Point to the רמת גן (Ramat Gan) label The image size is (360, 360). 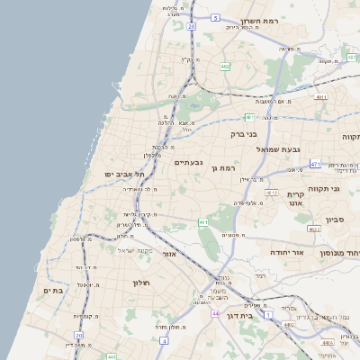pos(222,167)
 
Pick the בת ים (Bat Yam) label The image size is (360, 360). pos(53,291)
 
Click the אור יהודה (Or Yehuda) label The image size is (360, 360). pos(287,253)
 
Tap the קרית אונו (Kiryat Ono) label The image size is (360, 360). pos(296,199)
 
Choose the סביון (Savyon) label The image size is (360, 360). pos(334,218)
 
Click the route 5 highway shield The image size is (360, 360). pos(216,16)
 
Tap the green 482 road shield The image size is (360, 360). pos(225,67)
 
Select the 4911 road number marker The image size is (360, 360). pos(271,193)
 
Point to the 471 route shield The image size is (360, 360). pos(315,164)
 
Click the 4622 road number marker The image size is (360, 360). pos(314,229)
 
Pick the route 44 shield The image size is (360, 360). pos(216,313)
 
